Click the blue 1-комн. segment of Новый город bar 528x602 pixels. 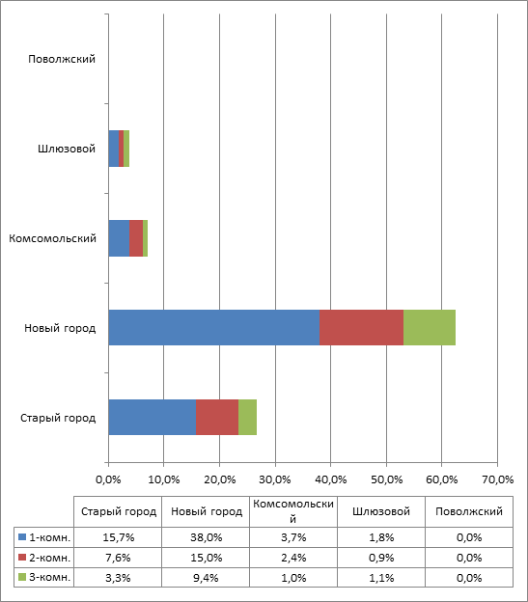[x=214, y=327]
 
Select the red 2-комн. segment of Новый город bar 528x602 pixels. [x=361, y=327]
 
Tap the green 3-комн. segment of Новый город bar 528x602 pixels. [x=430, y=327]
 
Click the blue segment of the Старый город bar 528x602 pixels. [x=153, y=418]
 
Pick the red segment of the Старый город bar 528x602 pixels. [x=217, y=418]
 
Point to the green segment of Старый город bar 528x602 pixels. [x=248, y=418]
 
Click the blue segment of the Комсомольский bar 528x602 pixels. [x=119, y=238]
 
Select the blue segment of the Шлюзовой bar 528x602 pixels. [x=114, y=149]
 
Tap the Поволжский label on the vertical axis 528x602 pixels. [x=62, y=59]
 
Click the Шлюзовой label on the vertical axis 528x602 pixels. [x=67, y=149]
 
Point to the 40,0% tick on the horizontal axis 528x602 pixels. [x=331, y=479]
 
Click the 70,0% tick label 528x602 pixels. [x=498, y=479]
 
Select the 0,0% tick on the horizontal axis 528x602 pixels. [x=108, y=479]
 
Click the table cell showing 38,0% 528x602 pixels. [x=207, y=537]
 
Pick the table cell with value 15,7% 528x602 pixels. [x=119, y=537]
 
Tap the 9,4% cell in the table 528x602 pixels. [x=206, y=578]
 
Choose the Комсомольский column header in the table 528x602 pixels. [x=293, y=511]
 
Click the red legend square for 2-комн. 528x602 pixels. [x=22, y=557]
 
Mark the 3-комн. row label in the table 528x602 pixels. [x=50, y=578]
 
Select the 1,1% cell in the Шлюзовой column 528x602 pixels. [x=381, y=578]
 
